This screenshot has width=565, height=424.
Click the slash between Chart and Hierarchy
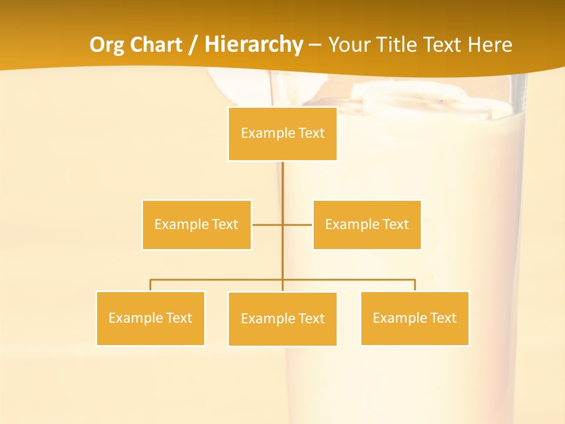194,45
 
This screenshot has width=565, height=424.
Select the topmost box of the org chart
282,134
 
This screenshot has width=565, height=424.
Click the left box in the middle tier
197,224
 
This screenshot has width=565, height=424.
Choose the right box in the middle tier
367,224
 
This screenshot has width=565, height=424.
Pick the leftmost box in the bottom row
150,318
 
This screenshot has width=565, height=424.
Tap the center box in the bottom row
282,319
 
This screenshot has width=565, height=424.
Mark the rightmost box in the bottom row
415,318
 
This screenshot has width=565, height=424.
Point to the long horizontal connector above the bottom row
218,280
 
